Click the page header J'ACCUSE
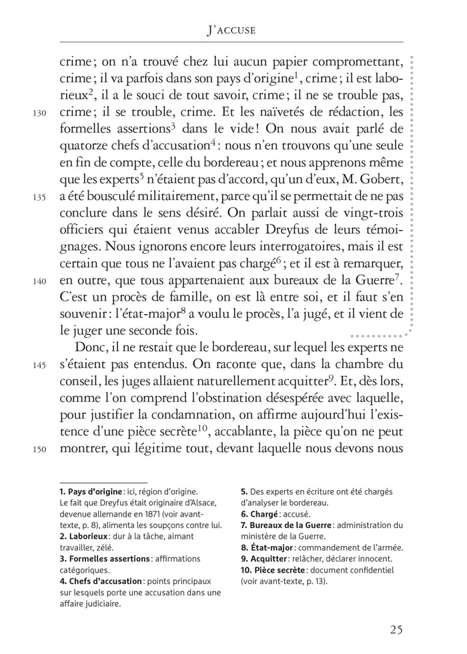click(231, 29)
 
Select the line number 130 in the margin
click(39, 113)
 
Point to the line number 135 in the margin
click(39, 197)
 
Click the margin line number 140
click(39, 281)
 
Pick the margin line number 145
click(39, 365)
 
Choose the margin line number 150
click(39, 449)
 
